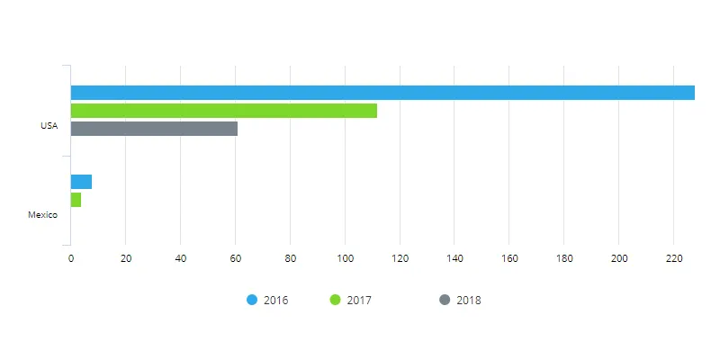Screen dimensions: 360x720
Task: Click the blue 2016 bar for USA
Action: [x=382, y=93]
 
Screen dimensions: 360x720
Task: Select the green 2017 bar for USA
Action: [x=224, y=111]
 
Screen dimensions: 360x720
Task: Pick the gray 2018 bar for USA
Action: [x=154, y=129]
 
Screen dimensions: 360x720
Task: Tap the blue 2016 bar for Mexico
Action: [x=81, y=182]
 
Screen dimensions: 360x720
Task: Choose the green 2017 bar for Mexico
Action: [x=76, y=200]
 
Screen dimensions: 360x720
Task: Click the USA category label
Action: [x=49, y=126]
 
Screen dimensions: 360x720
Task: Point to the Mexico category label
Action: [x=42, y=215]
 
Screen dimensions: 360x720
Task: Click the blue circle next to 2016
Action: [x=252, y=300]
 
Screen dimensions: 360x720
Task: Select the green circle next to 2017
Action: [x=335, y=300]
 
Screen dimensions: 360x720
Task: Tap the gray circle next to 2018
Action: [x=444, y=300]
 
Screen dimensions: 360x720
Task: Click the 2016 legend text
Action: [x=275, y=301]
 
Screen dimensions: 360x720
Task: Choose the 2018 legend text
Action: [x=468, y=301]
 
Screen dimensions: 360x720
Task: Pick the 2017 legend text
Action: [x=358, y=301]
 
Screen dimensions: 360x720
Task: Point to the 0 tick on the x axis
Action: [x=71, y=259]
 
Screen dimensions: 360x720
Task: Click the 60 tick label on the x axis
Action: [x=236, y=259]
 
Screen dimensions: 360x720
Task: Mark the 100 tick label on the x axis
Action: [x=345, y=259]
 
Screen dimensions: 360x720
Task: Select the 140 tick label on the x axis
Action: [x=454, y=259]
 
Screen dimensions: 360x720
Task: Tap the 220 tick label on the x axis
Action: [x=674, y=259]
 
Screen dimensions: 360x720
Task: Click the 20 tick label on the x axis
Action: [x=126, y=259]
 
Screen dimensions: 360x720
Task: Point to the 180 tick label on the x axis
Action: [x=564, y=259]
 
